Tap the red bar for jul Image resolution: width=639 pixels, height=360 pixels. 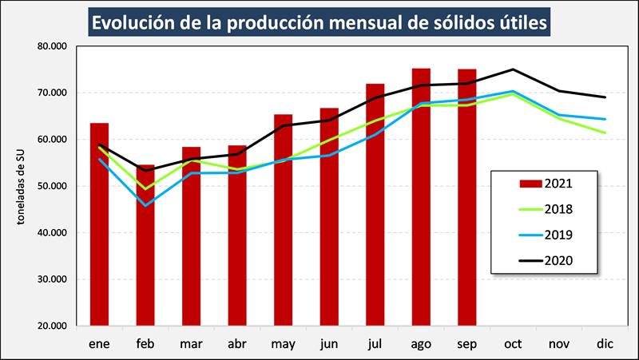click(375, 216)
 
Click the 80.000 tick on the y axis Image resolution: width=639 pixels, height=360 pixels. click(52, 46)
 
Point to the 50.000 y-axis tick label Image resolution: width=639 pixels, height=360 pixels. click(52, 186)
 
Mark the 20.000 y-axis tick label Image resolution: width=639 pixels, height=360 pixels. click(52, 326)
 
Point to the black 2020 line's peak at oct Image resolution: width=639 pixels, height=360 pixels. click(512, 69)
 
